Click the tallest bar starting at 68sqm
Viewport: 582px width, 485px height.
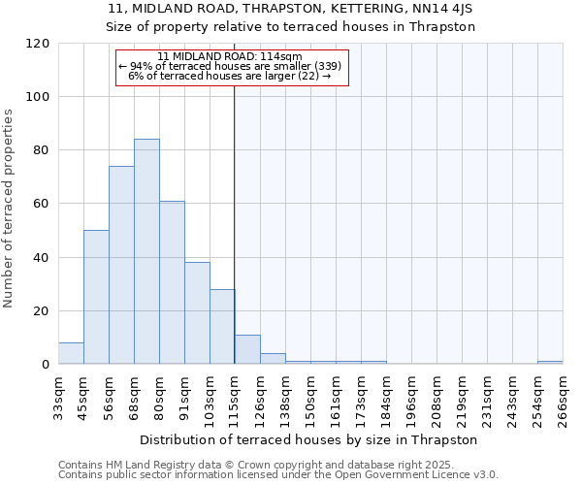(x=146, y=252)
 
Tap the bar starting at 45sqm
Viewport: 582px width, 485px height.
(x=96, y=298)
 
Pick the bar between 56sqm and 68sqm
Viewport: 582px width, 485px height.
(x=121, y=266)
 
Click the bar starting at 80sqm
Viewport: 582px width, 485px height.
(x=172, y=283)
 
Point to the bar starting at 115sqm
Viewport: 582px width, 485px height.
(x=247, y=349)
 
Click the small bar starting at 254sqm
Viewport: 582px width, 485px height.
(x=550, y=363)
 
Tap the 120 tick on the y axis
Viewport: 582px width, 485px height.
(x=39, y=44)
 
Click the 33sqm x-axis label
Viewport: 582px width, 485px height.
(x=58, y=397)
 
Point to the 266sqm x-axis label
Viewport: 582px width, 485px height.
(x=563, y=397)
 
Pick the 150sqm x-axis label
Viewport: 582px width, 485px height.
(x=310, y=397)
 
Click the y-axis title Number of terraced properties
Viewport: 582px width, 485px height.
(x=10, y=209)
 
